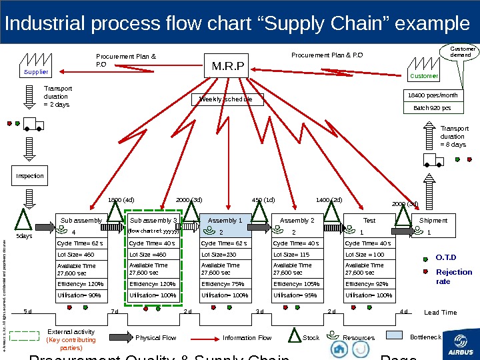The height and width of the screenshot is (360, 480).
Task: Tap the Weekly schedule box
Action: click(230, 99)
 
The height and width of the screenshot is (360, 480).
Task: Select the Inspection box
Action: click(29, 176)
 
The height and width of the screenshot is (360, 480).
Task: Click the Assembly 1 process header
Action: click(225, 220)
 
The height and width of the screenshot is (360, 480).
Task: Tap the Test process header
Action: click(369, 220)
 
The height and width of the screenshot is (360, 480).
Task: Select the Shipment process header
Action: click(433, 220)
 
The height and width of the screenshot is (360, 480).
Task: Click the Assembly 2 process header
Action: click(297, 220)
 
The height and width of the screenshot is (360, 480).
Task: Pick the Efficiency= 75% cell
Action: click(225, 283)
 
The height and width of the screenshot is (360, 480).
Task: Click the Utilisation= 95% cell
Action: click(297, 295)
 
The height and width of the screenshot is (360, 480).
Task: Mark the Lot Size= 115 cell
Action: click(297, 254)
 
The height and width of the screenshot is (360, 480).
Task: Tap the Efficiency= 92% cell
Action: click(369, 283)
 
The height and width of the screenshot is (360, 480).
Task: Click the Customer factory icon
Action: click(423, 67)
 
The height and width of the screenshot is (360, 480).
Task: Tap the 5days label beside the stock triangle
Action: click(24, 236)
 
